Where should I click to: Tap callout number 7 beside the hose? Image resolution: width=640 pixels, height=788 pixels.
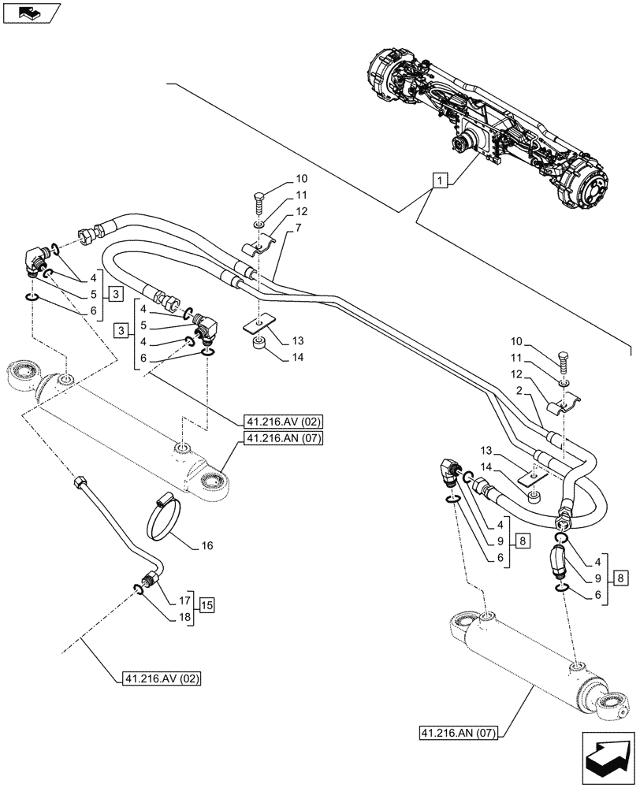tap(299, 229)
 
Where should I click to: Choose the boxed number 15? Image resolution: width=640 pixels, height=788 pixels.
tap(207, 605)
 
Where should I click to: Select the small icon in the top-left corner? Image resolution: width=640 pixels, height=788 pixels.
tap(29, 13)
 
